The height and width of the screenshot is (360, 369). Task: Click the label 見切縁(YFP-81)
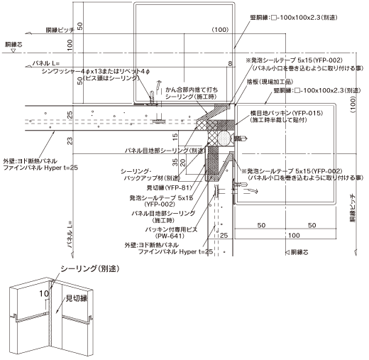tap(169, 187)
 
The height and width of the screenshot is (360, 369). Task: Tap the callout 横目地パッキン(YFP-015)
tap(287, 113)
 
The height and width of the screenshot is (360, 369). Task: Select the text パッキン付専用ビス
tap(171, 229)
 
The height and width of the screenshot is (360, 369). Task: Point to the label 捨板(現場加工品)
tap(270, 82)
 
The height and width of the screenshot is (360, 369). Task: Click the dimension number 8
tap(230, 63)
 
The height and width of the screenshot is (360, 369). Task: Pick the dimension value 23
tap(70, 141)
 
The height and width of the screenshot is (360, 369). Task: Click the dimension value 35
tap(175, 162)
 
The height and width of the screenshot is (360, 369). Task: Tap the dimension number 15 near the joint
tap(175, 136)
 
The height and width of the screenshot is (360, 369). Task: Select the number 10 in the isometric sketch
tap(44, 293)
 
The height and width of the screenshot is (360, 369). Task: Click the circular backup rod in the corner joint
tap(224, 138)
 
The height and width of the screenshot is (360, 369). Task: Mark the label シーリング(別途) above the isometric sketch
tap(90, 269)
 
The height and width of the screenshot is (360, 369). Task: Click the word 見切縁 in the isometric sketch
tap(77, 298)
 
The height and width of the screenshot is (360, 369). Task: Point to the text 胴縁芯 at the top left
tap(13, 44)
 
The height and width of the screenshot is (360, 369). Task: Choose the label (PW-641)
tap(170, 236)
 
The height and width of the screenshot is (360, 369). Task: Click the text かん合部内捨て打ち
tap(192, 89)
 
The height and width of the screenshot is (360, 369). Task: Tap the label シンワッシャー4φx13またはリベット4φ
tap(96, 71)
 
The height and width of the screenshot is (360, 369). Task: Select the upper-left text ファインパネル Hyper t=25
tap(40, 168)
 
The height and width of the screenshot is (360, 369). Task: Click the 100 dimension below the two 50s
tap(294, 235)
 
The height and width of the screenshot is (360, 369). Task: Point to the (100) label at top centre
tap(220, 30)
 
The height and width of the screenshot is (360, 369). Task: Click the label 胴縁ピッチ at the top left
tap(60, 30)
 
